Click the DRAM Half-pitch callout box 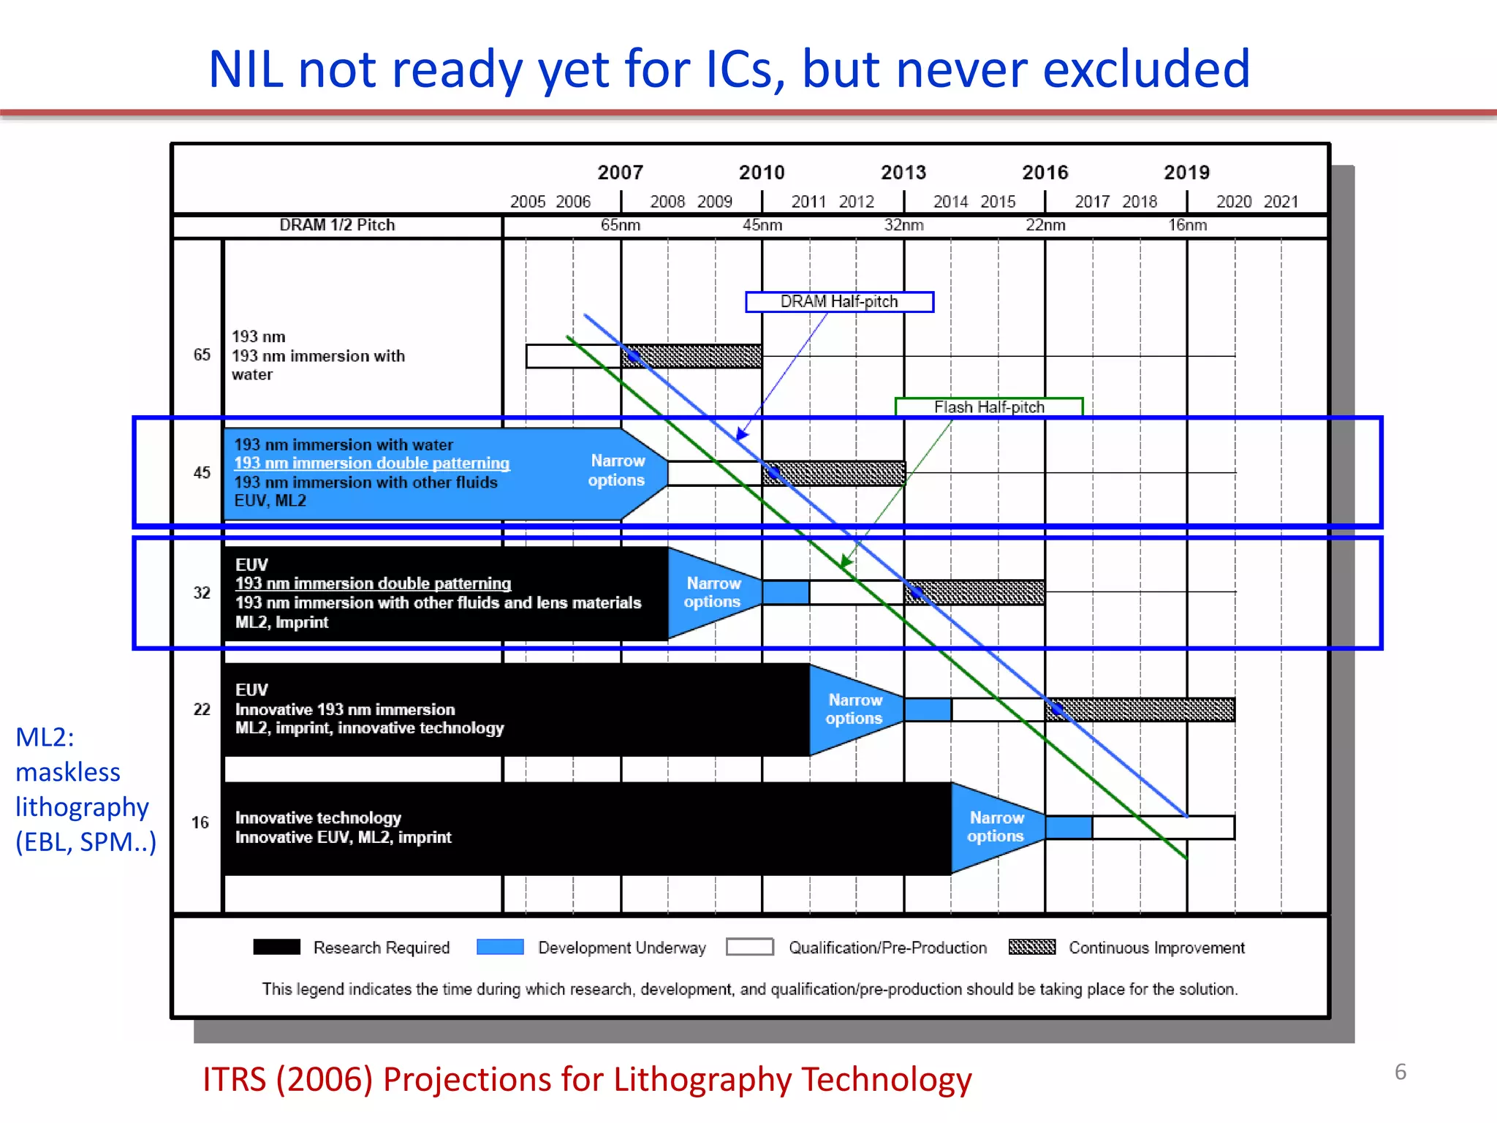point(839,302)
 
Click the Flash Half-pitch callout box point(988,407)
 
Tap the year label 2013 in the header point(903,173)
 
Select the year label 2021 point(1281,202)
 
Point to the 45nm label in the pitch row point(762,225)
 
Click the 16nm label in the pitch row point(1187,225)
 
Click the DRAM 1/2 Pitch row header point(337,225)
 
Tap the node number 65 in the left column point(202,355)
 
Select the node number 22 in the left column point(202,709)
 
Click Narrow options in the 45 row point(618,471)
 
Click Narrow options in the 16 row point(996,827)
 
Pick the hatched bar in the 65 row point(691,356)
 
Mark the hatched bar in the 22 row point(1140,709)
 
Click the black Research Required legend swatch point(276,947)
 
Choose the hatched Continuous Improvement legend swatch point(1031,947)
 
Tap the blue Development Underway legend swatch point(500,947)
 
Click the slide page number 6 point(1400,1072)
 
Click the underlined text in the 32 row point(373,583)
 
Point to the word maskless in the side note point(68,772)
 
